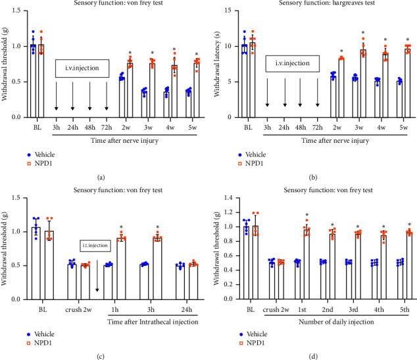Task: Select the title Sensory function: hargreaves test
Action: (x=318, y=4)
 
